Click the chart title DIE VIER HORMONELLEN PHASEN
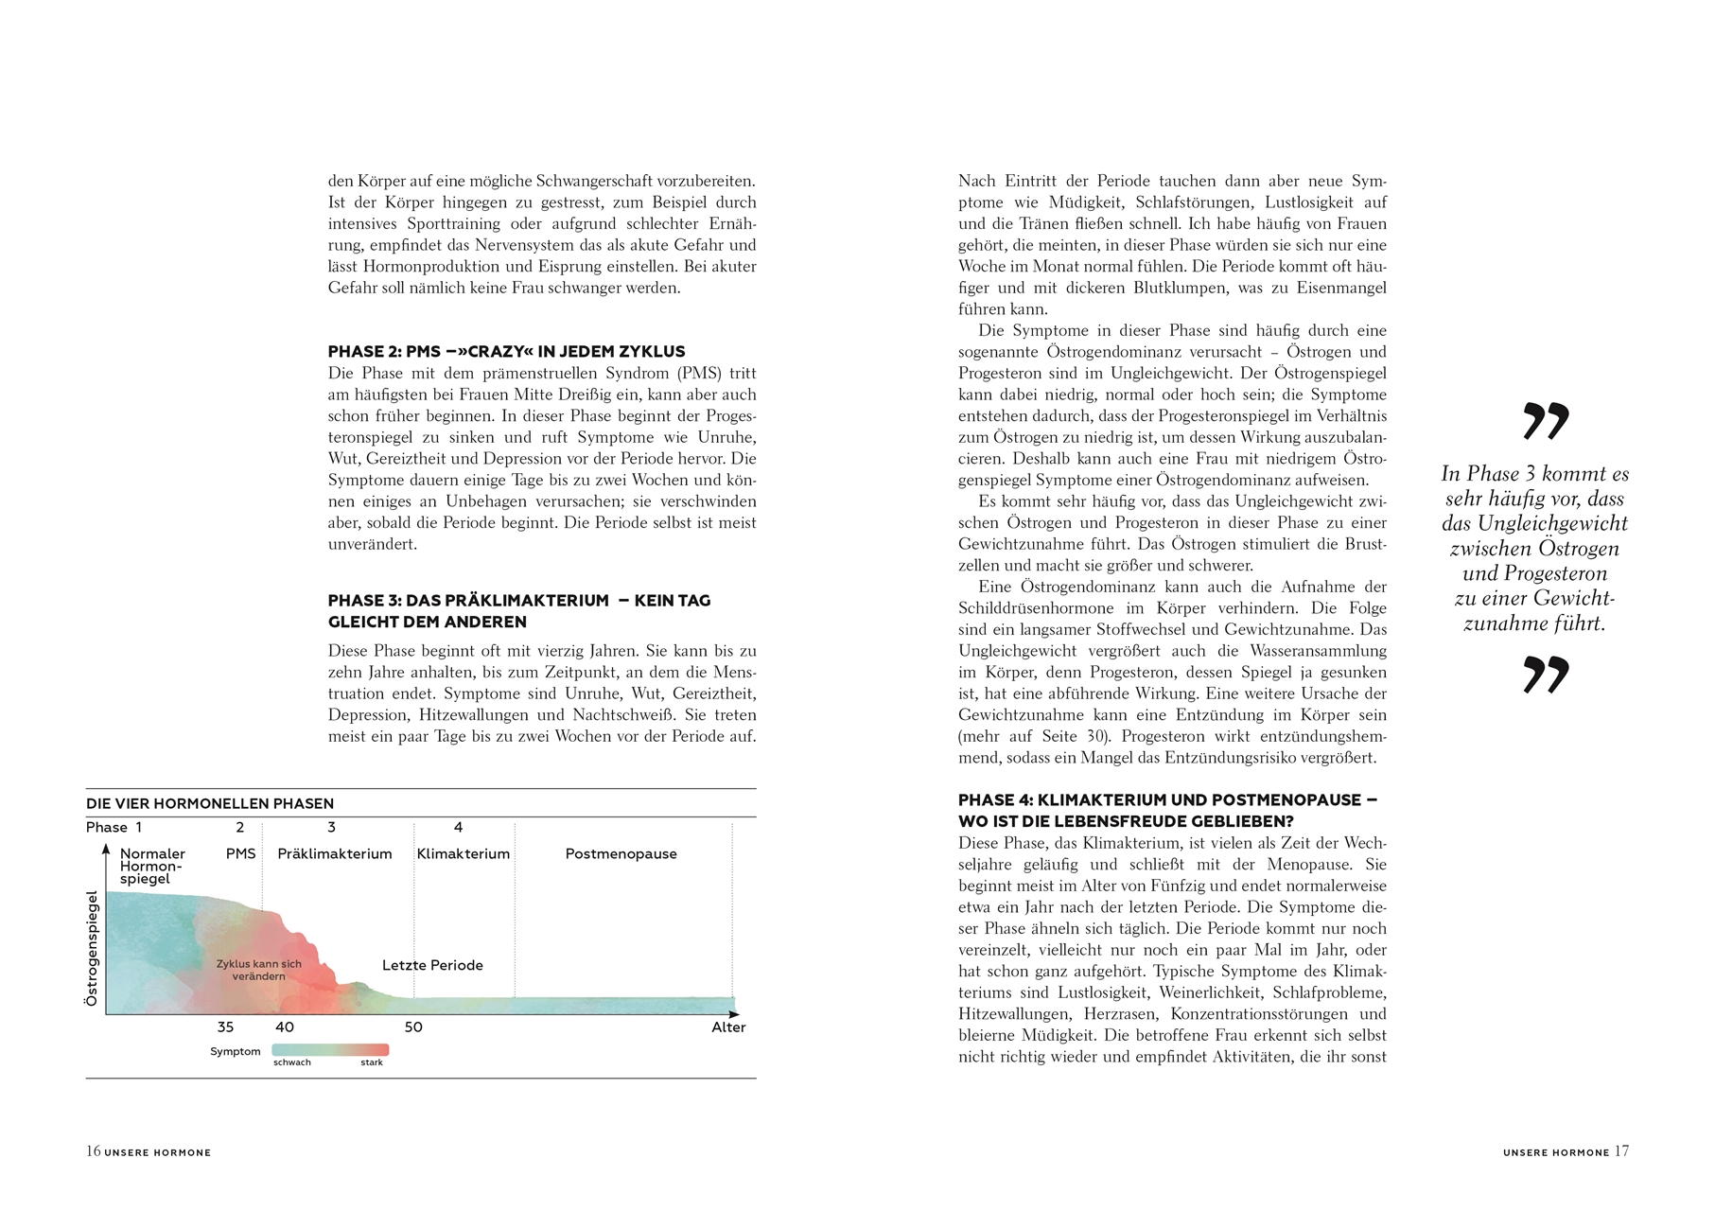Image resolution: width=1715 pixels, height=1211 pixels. pyautogui.click(x=210, y=804)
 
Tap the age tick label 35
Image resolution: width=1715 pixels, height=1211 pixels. pyautogui.click(x=225, y=1027)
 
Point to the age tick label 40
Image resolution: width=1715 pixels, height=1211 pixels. pyautogui.click(x=285, y=1027)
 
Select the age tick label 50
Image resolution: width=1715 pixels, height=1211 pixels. pyautogui.click(x=413, y=1027)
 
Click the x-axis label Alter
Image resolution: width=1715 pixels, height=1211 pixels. pyautogui.click(x=728, y=1027)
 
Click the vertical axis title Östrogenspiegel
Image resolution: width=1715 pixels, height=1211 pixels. pyautogui.click(x=92, y=948)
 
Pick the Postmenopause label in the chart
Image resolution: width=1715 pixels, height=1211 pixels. pyautogui.click(x=621, y=854)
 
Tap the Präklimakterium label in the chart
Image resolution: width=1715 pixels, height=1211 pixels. pyautogui.click(x=335, y=854)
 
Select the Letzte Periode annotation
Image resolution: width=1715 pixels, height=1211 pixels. pyautogui.click(x=432, y=966)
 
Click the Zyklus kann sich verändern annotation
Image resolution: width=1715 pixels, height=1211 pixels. pyautogui.click(x=258, y=970)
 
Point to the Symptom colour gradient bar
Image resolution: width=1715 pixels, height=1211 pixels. pyautogui.click(x=330, y=1050)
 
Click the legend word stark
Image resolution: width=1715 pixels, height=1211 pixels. pyautogui.click(x=372, y=1062)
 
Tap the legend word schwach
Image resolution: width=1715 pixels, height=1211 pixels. pyautogui.click(x=292, y=1062)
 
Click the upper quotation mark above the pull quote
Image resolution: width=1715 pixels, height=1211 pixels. pyautogui.click(x=1546, y=421)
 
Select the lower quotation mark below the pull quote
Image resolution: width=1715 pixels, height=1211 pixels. pyautogui.click(x=1546, y=675)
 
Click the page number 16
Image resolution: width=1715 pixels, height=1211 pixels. pyautogui.click(x=93, y=1151)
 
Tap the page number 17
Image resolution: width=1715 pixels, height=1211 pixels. pyautogui.click(x=1621, y=1151)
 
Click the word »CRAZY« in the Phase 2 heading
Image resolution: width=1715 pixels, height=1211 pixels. pyautogui.click(x=495, y=352)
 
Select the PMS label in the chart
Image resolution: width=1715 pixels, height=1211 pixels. pyautogui.click(x=241, y=854)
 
